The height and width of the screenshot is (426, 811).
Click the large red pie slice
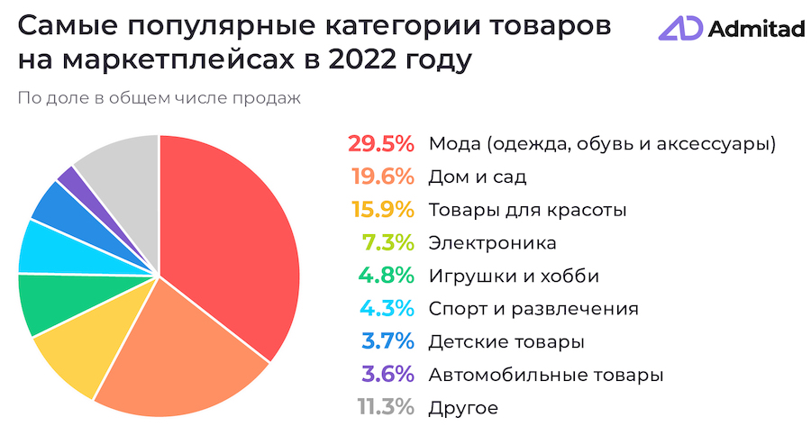(x=234, y=243)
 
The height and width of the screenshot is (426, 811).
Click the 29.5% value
(x=379, y=144)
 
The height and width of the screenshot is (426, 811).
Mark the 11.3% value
(x=384, y=407)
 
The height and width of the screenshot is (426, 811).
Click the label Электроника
(x=492, y=243)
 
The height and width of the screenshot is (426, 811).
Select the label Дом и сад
(x=478, y=177)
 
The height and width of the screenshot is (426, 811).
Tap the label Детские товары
(x=506, y=341)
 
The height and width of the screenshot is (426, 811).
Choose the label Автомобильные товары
(x=546, y=375)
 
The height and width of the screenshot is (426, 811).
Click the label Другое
(x=463, y=408)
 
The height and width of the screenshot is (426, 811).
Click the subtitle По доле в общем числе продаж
(x=158, y=98)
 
